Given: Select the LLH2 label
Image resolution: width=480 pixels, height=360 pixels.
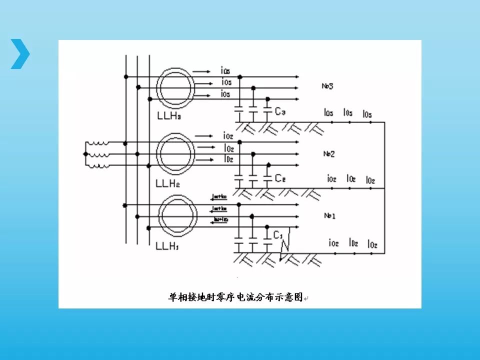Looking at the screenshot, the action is (x=168, y=183).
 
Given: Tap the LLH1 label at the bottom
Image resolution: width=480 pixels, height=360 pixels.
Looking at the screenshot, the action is (x=167, y=246).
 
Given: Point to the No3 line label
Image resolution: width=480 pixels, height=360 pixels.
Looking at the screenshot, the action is (x=327, y=86).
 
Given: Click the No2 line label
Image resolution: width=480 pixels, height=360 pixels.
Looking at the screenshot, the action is (x=328, y=153).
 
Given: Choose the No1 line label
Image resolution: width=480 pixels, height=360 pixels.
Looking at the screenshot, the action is (x=329, y=215).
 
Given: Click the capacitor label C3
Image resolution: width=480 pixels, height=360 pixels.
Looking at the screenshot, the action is (x=280, y=111).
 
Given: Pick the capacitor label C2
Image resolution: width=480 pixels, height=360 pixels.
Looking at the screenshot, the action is (x=280, y=178).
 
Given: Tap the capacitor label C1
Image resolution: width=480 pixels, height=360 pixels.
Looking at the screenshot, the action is (x=278, y=234).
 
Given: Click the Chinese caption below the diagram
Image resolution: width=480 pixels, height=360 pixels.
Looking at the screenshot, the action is (x=235, y=297).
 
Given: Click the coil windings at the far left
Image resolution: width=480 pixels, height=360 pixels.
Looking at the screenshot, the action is (x=98, y=154).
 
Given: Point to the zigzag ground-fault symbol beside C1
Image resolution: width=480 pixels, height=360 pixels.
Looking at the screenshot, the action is (x=285, y=245).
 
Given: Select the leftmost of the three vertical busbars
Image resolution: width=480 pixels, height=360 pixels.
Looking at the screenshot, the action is (x=125, y=150).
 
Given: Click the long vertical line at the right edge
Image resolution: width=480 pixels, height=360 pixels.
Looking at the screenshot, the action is (x=384, y=187).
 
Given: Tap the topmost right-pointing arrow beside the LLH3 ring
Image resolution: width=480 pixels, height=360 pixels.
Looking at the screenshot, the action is (x=201, y=71).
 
